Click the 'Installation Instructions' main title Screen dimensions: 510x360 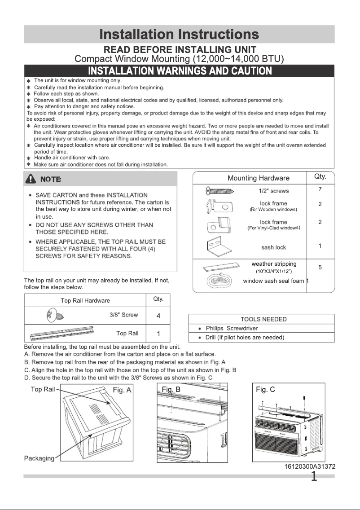[179, 34]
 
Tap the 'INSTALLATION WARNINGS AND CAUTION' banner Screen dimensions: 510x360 [180, 71]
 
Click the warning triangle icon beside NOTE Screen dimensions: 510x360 [31, 179]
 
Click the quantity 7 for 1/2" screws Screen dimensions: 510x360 [320, 189]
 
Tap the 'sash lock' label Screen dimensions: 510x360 [273, 247]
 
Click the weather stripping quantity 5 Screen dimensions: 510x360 [320, 268]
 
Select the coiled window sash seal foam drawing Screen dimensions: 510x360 [219, 281]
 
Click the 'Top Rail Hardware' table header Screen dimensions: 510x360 [85, 301]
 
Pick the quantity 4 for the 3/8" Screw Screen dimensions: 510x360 [158, 316]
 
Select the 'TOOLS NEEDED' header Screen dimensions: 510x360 [263, 319]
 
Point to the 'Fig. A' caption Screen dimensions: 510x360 [122, 390]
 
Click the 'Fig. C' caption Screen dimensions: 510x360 [265, 390]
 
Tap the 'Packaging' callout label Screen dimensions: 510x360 [39, 458]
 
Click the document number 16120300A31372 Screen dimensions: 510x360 [310, 467]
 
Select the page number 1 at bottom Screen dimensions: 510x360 [314, 476]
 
